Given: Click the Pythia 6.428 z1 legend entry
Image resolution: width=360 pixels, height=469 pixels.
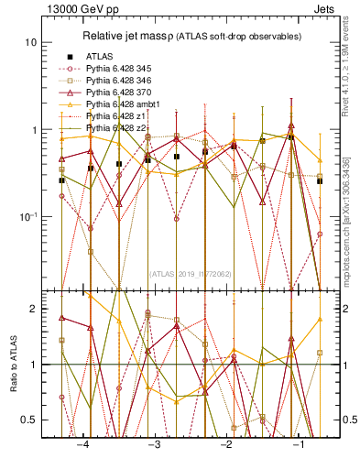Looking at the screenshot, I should [x=117, y=116].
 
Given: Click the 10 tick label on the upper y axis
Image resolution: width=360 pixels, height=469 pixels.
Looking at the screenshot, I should [x=30, y=43].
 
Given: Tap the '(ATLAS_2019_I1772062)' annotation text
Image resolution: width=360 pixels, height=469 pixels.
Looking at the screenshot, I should [x=191, y=273].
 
